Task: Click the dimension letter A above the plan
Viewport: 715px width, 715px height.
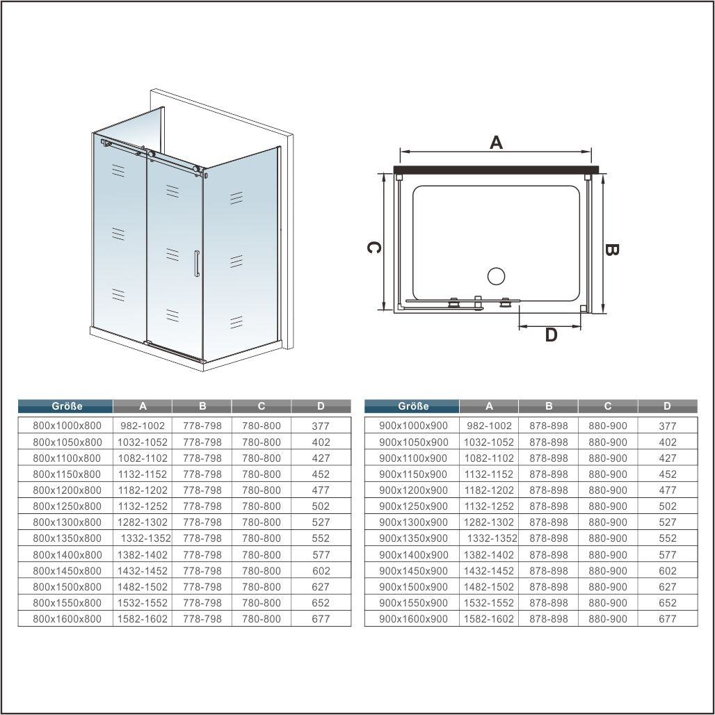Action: [496, 143]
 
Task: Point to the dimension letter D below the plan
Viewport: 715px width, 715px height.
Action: [552, 335]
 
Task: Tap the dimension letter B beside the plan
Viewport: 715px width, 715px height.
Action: [611, 250]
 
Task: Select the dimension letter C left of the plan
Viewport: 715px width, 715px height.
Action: [374, 248]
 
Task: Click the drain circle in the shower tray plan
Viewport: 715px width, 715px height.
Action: [496, 276]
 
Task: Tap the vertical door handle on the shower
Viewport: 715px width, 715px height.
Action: [197, 264]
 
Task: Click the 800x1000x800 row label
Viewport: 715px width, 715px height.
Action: [67, 426]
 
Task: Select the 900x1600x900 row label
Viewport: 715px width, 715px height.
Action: [414, 619]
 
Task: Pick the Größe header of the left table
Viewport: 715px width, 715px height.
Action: [67, 405]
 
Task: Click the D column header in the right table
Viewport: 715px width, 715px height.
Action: [667, 405]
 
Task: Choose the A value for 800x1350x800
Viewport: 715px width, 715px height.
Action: [146, 538]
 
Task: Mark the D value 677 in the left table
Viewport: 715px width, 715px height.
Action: [321, 619]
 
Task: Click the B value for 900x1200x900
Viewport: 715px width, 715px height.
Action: [549, 490]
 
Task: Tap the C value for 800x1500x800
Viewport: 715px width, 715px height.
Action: [262, 587]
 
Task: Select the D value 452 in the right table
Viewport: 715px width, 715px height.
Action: [668, 474]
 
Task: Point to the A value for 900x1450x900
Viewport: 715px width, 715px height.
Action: [489, 570]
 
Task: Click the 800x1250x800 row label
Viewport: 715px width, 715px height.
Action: [67, 506]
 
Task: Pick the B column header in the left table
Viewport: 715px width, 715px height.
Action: [202, 405]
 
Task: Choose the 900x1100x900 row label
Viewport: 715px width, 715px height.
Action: [414, 458]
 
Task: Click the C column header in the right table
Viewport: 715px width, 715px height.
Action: [608, 405]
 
